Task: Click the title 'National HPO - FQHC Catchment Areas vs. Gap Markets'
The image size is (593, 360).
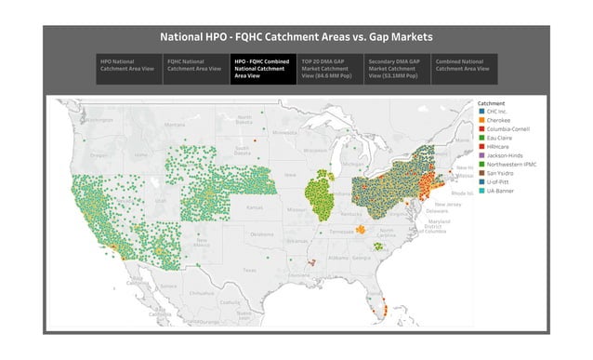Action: click(x=296, y=37)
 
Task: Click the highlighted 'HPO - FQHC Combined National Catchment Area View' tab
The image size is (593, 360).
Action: click(x=263, y=69)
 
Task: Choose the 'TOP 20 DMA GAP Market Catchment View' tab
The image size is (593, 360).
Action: click(x=330, y=69)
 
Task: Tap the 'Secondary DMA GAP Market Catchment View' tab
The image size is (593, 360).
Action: click(x=397, y=69)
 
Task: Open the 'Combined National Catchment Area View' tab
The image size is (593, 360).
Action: click(x=464, y=65)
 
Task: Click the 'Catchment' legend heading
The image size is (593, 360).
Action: click(x=491, y=102)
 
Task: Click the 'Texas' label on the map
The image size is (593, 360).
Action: click(x=248, y=270)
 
